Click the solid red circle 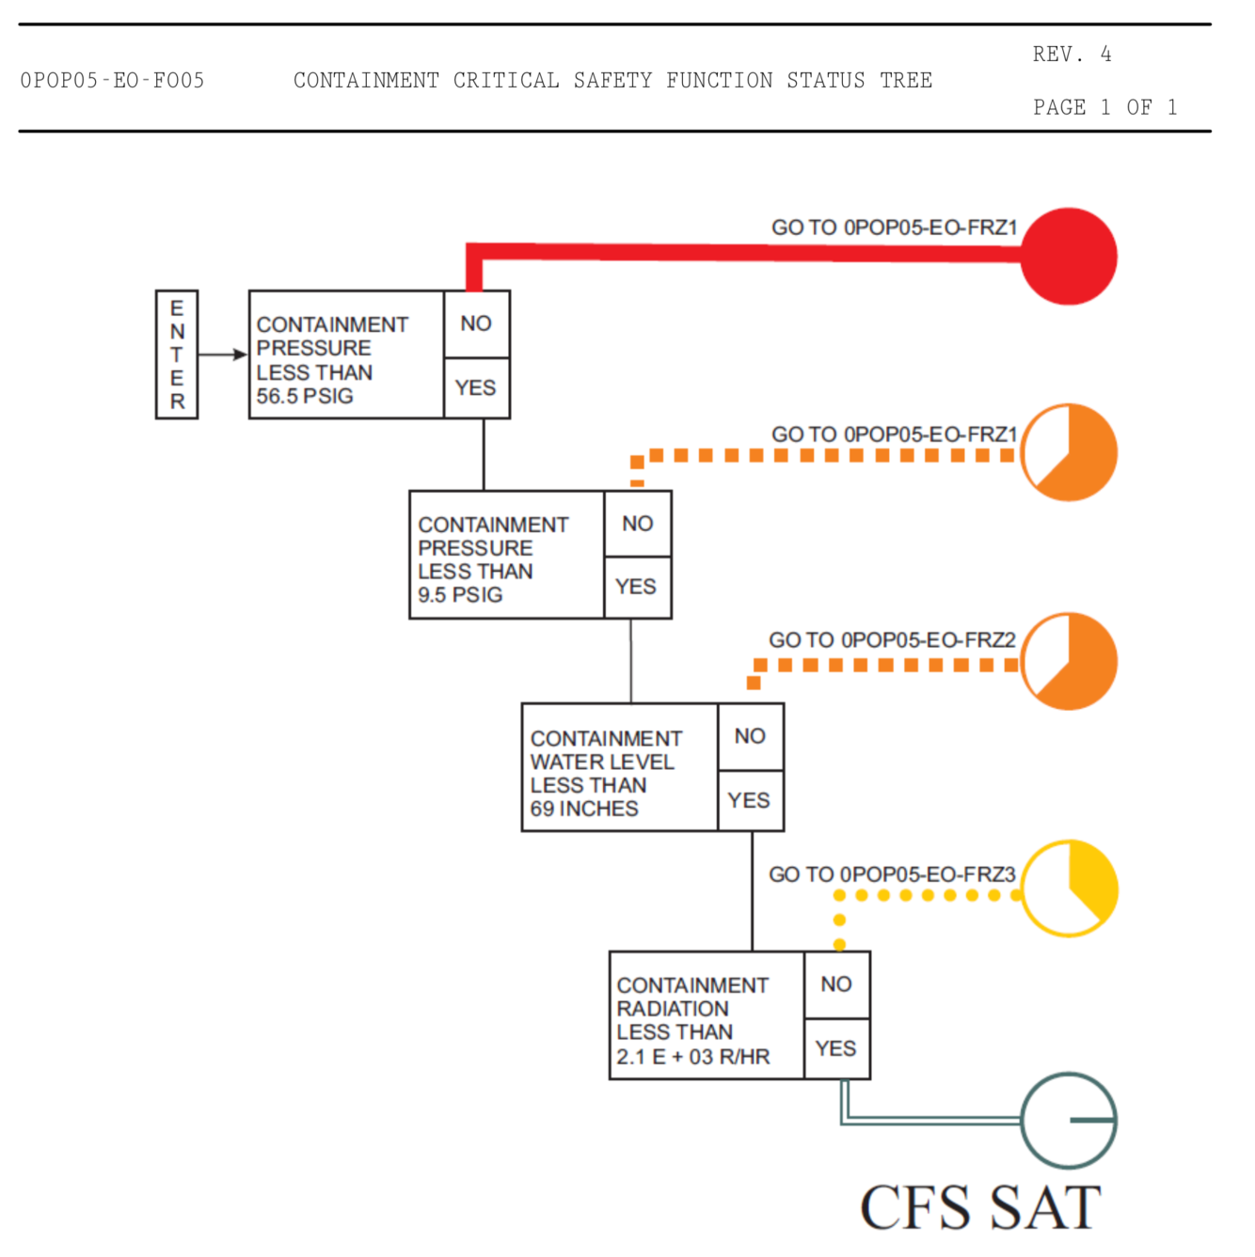1069,256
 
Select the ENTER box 177,354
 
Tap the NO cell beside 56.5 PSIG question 476,323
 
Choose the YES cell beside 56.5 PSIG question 476,387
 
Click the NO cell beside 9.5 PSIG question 637,523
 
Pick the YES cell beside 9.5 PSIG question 637,587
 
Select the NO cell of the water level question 750,736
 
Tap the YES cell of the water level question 750,800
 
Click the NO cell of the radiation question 836,983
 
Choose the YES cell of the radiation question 836,1048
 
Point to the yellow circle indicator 1069,888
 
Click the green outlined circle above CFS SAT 1069,1120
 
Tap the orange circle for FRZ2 1069,661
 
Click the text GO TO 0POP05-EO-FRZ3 892,874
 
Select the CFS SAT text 980,1207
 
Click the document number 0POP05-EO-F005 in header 112,81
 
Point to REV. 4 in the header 1072,55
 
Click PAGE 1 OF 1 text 1104,107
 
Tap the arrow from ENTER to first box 223,354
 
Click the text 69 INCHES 584,809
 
